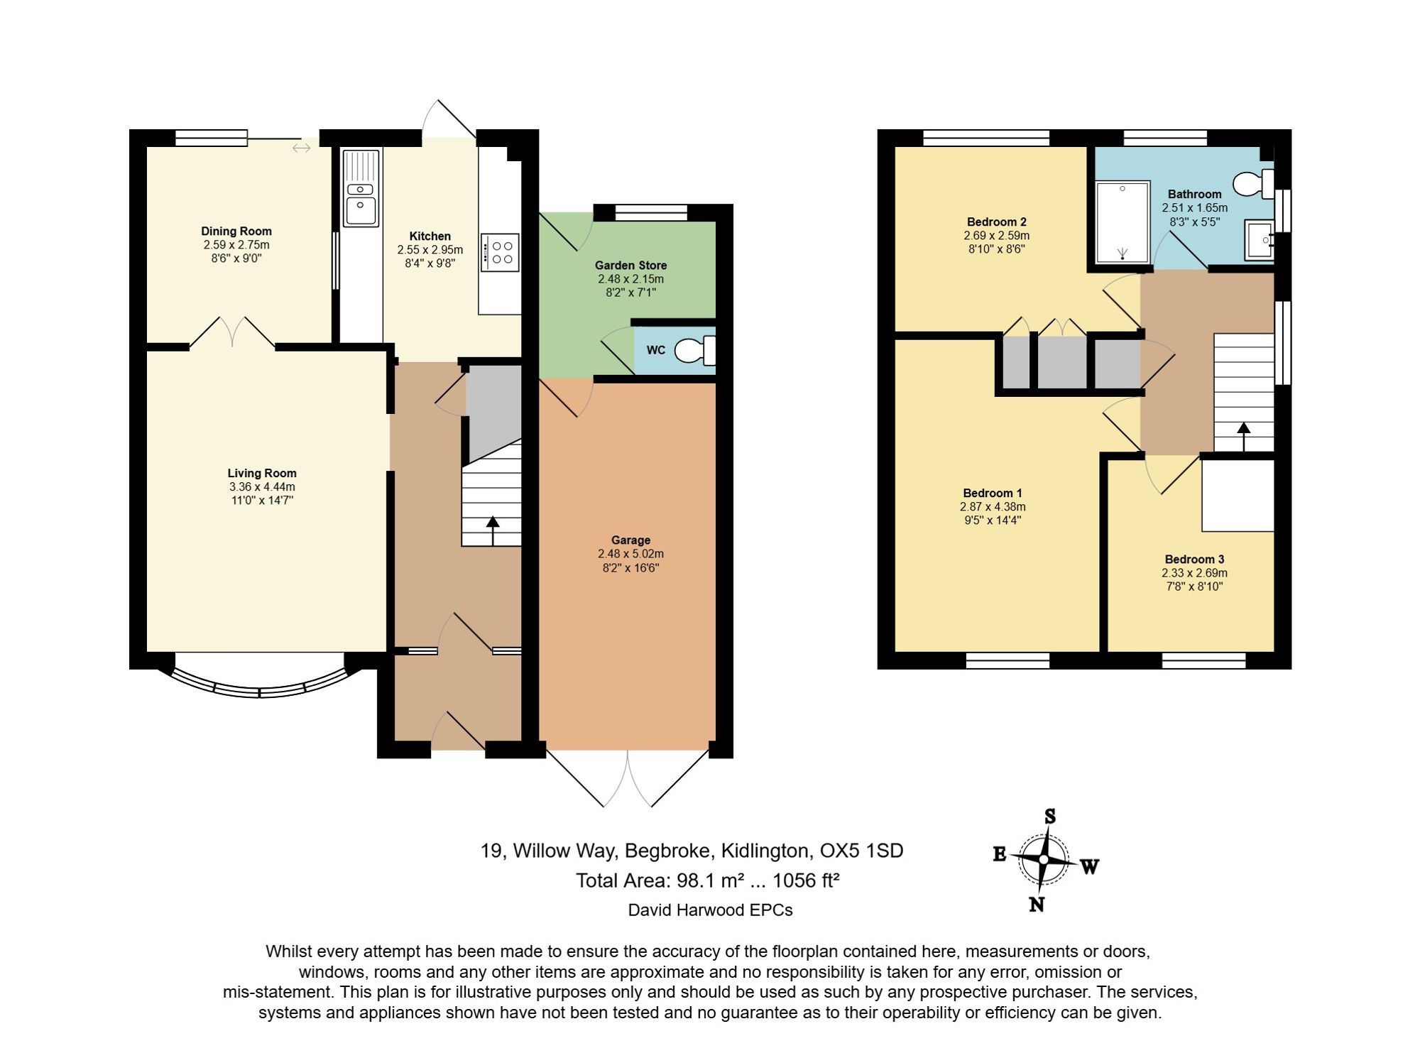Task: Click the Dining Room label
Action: point(236,231)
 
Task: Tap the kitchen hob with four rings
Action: point(500,253)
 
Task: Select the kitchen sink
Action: point(361,187)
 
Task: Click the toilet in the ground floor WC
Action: point(695,350)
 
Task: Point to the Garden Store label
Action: point(630,265)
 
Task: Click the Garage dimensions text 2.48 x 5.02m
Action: point(630,554)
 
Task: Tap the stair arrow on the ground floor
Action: point(493,530)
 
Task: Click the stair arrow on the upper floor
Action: point(1243,437)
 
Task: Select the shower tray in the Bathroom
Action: point(1123,222)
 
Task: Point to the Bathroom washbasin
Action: point(1259,240)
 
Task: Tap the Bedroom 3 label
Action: point(1194,560)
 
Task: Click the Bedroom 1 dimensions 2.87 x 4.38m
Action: point(993,507)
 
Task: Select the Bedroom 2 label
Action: point(996,222)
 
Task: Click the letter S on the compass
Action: point(1049,817)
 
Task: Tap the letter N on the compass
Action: point(1037,904)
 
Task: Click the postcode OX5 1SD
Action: point(861,851)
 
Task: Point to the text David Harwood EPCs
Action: point(710,910)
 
